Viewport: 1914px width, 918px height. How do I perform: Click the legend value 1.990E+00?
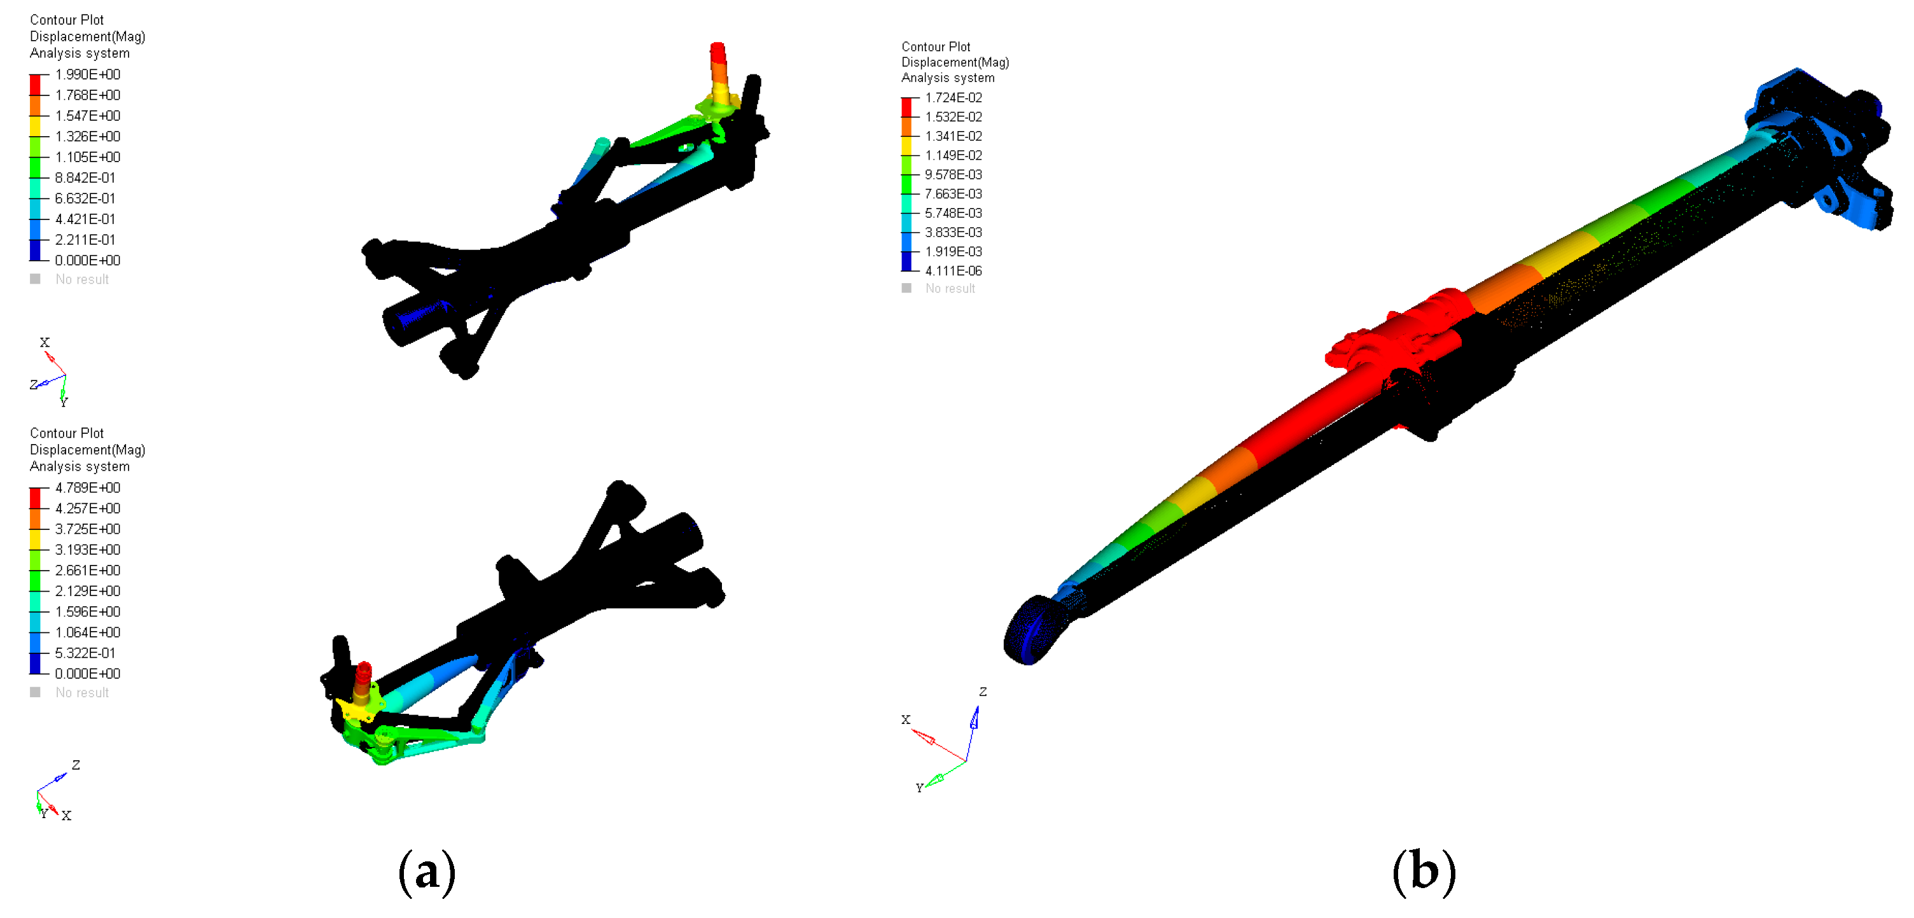[88, 74]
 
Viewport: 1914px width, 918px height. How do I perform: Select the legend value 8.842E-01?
[85, 177]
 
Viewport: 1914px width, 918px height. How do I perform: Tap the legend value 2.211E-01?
[85, 239]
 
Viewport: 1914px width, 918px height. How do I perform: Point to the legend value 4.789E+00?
[88, 487]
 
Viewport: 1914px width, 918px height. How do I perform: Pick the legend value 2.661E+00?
[88, 570]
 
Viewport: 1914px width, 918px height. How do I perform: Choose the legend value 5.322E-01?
[85, 653]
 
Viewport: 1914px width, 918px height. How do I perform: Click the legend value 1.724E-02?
[954, 97]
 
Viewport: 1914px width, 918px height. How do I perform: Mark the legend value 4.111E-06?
[954, 270]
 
